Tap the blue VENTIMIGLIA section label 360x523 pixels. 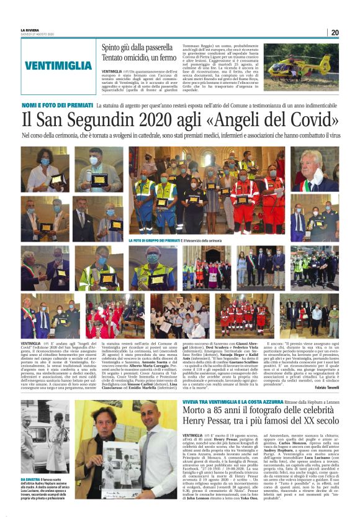point(59,65)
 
